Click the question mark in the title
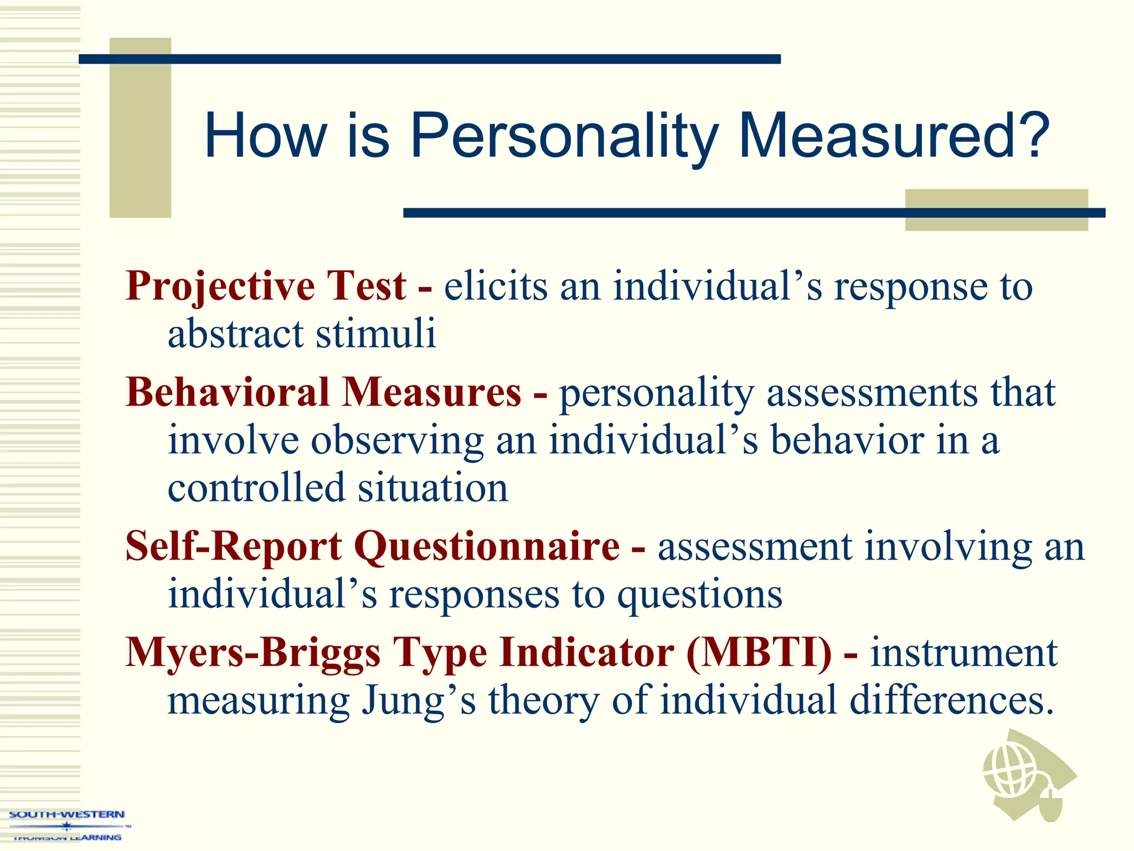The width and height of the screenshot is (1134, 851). [1031, 135]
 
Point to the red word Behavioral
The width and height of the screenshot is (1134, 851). [228, 392]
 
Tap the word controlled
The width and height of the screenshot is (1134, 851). [256, 488]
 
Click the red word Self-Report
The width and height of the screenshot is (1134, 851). [234, 547]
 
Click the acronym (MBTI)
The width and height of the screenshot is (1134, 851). [759, 653]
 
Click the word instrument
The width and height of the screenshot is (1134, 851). [963, 653]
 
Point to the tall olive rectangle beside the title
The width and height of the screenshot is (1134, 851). [140, 127]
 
